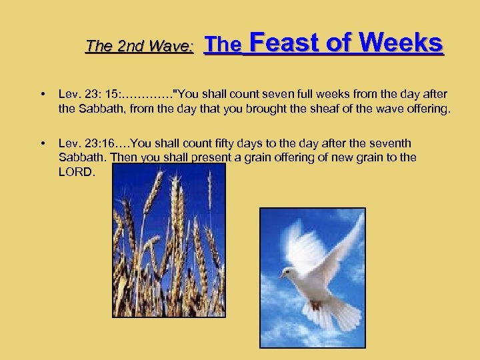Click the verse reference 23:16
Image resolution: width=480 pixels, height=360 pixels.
click(99, 143)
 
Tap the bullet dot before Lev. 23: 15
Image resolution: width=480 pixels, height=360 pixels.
click(43, 95)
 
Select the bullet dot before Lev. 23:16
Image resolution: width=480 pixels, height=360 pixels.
click(43, 143)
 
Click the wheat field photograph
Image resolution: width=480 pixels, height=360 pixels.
click(169, 240)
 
